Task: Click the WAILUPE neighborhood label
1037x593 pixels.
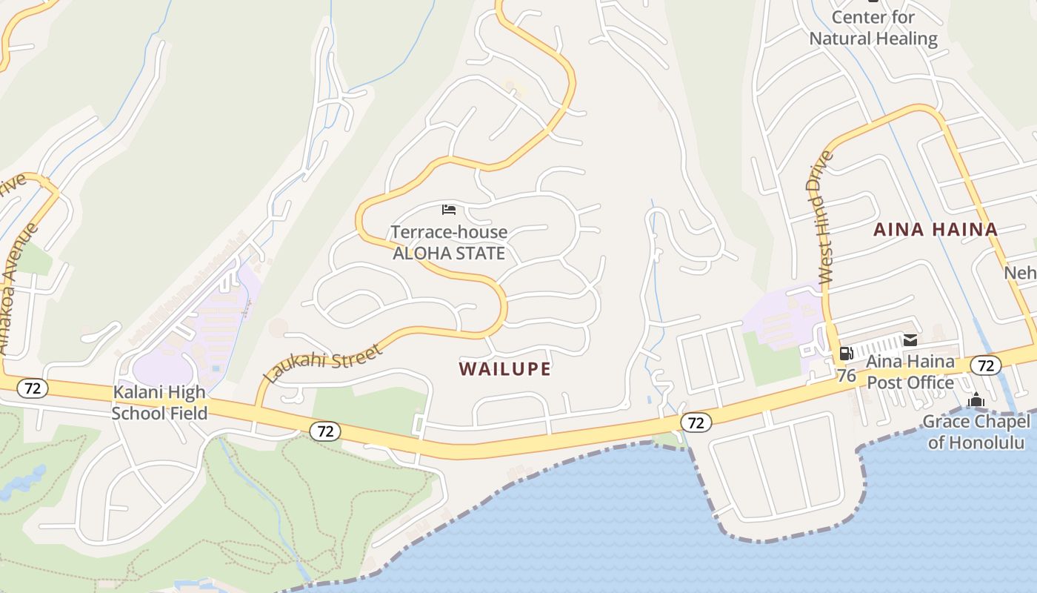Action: point(504,368)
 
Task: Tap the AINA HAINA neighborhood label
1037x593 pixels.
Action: point(936,229)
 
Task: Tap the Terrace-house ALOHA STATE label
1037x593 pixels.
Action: point(449,242)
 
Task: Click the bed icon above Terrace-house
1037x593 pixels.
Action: point(449,209)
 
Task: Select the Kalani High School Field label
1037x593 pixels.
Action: point(159,402)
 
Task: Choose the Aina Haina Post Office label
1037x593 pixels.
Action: point(910,372)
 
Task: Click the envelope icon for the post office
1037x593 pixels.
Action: point(910,340)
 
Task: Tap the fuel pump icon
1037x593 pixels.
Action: point(846,354)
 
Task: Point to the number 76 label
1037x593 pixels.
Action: point(847,376)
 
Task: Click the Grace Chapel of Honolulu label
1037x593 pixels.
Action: point(976,432)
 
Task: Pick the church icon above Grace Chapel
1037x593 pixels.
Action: point(976,401)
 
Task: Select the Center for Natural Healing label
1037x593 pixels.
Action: point(873,27)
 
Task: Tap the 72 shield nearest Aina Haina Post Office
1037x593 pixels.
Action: point(985,365)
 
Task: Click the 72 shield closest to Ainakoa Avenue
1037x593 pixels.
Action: point(33,388)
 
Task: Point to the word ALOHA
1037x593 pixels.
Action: point(420,254)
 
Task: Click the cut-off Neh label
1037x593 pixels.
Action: point(1020,274)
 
